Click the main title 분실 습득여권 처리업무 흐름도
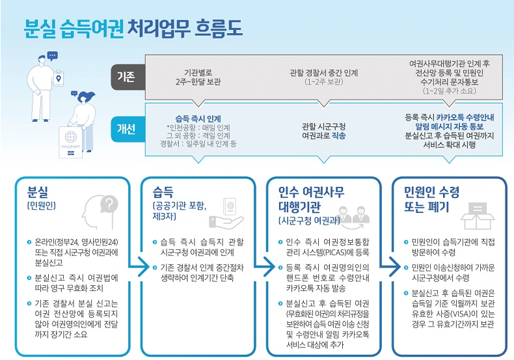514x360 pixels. click(133, 27)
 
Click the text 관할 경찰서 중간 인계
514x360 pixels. click(324, 72)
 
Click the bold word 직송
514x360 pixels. click(338, 135)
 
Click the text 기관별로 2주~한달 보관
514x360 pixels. click(199, 76)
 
